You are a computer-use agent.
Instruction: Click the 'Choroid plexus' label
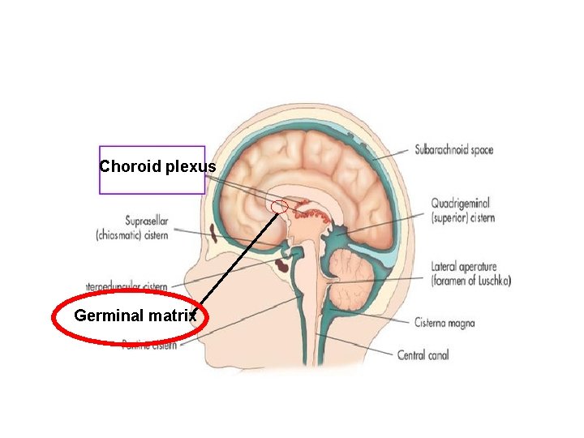pos(157,167)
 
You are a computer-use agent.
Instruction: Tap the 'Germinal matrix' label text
pos(135,316)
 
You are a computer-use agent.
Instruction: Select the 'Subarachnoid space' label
pos(453,149)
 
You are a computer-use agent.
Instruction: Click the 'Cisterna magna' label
pos(444,323)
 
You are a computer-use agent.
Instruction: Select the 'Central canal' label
pos(423,354)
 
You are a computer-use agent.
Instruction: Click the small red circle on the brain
pos(279,207)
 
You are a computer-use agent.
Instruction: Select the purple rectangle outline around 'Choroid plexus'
pos(100,170)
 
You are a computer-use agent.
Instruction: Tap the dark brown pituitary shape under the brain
pos(285,263)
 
